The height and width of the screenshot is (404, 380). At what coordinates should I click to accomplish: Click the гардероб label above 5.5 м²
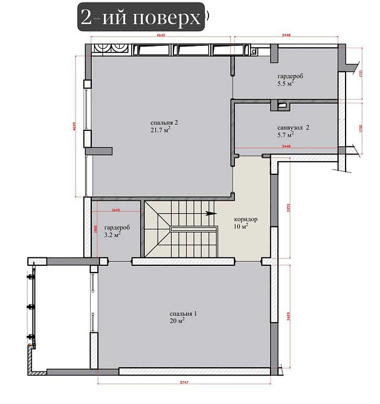(290, 77)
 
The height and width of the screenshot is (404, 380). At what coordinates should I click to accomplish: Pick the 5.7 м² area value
(286, 135)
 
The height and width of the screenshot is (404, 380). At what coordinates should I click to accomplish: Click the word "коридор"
(246, 219)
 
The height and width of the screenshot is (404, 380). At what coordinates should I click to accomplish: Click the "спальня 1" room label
(184, 314)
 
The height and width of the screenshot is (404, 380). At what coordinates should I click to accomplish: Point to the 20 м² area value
(178, 321)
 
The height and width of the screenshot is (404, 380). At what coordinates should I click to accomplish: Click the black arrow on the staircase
(210, 212)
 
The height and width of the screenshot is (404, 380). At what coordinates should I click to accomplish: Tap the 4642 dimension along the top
(161, 37)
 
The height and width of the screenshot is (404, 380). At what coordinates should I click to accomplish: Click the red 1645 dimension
(117, 210)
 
